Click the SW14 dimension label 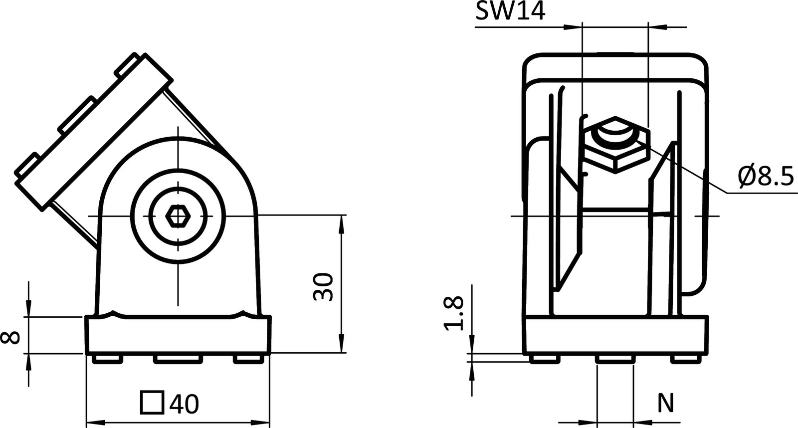point(510,11)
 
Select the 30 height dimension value point(323,287)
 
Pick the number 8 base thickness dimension point(11,338)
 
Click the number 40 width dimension point(184,404)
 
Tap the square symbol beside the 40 point(152,403)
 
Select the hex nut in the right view point(615,145)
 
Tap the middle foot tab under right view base point(614,359)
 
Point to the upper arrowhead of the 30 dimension point(342,222)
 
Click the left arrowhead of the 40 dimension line point(92,423)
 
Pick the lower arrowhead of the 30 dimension point(342,347)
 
